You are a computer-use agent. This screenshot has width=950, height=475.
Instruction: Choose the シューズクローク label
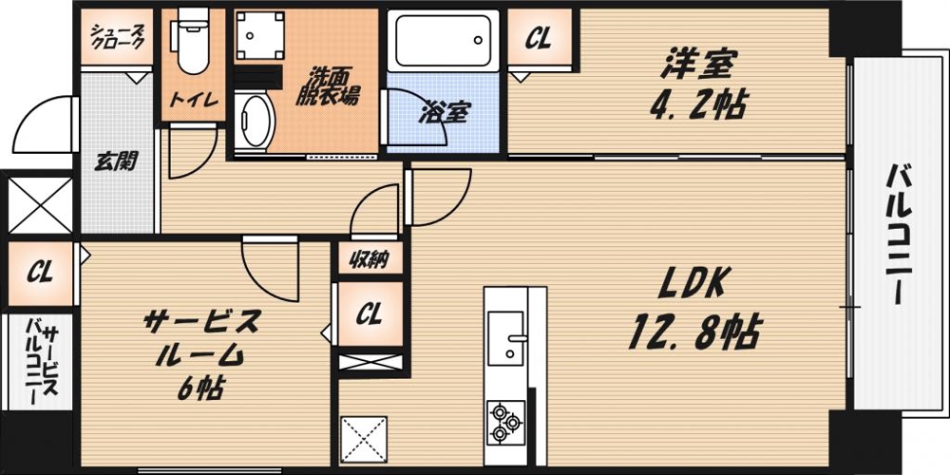pos(117,37)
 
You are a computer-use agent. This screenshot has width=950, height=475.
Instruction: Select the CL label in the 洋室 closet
pos(539,39)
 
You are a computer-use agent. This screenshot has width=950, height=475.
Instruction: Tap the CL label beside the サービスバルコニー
pos(39,273)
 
